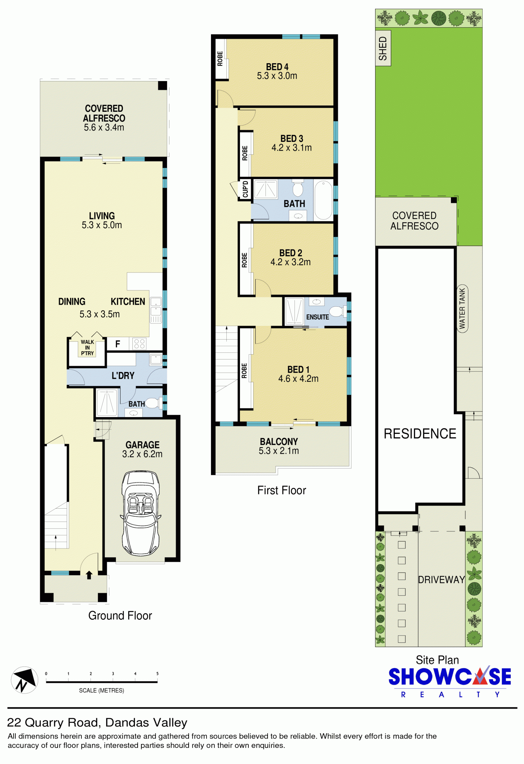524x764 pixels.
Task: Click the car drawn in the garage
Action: click(x=140, y=513)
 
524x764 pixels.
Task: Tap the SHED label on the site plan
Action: click(x=383, y=48)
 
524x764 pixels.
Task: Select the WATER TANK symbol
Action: click(x=462, y=309)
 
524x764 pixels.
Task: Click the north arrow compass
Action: click(x=24, y=680)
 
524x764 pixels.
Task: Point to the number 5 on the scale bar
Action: click(x=157, y=674)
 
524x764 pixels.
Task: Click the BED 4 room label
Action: click(x=277, y=67)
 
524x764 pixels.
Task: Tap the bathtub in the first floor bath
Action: click(x=323, y=200)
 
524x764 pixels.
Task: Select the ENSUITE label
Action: click(x=318, y=317)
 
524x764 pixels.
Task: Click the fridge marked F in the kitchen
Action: click(x=118, y=344)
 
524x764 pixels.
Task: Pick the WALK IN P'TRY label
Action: click(x=87, y=348)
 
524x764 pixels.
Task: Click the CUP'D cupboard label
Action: click(x=245, y=189)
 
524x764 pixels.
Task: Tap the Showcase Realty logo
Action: click(x=450, y=682)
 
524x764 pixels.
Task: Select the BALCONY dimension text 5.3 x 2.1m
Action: click(x=279, y=451)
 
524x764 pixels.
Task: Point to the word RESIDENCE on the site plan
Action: click(x=420, y=434)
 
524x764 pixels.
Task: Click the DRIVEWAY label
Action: click(x=442, y=580)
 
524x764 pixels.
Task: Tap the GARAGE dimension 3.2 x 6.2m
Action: click(x=142, y=454)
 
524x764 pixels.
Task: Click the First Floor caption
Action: click(x=282, y=490)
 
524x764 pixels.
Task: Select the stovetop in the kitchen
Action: click(x=139, y=344)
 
